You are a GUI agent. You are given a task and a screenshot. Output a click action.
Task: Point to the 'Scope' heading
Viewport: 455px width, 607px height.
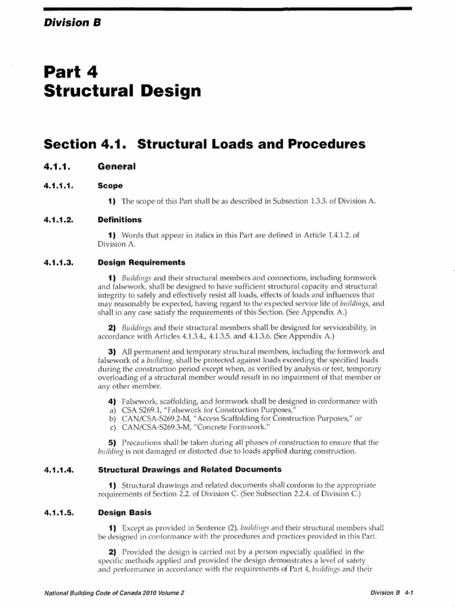pyautogui.click(x=110, y=186)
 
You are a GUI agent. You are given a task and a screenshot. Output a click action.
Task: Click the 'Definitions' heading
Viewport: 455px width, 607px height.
pyautogui.click(x=119, y=219)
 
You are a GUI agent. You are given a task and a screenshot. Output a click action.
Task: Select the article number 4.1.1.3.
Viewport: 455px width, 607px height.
pyautogui.click(x=58, y=262)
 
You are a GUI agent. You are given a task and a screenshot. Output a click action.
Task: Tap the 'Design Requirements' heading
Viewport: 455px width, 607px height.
pyautogui.click(x=141, y=262)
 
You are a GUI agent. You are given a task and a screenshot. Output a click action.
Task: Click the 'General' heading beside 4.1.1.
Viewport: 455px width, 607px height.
pyautogui.click(x=117, y=167)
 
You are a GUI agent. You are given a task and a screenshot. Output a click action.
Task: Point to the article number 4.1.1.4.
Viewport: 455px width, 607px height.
pyautogui.click(x=58, y=469)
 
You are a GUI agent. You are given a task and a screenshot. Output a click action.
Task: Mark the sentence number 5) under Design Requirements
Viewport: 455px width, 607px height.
pyautogui.click(x=113, y=443)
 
